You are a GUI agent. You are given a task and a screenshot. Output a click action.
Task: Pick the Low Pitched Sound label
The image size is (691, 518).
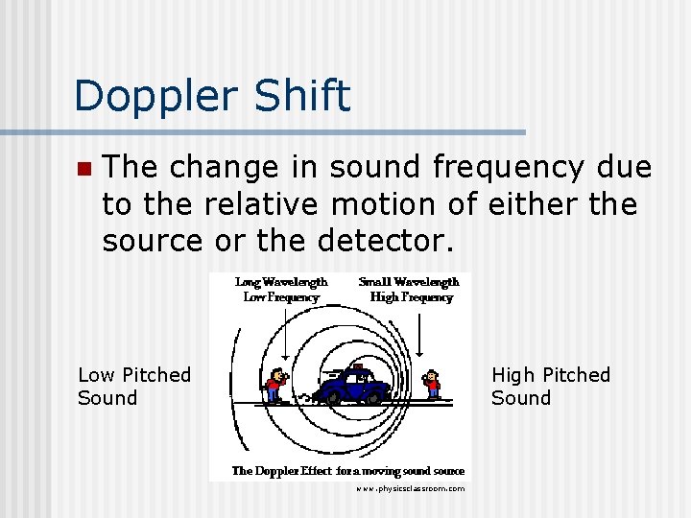coord(134,386)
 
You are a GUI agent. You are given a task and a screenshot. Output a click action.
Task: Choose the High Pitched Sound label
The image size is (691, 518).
coord(550,386)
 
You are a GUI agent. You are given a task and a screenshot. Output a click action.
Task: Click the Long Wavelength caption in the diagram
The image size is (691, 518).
coord(281,282)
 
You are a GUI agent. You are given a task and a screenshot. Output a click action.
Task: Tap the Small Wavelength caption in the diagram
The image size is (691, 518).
coord(409,282)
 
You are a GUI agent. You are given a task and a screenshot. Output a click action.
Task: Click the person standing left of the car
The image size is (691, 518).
coord(276,384)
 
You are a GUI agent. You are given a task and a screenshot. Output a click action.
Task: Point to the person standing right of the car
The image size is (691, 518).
coord(433,384)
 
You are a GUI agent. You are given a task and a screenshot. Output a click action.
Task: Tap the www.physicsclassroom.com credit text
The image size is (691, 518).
coord(410,489)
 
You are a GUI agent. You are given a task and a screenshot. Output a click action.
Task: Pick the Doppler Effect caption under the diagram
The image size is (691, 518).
coord(347,471)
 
